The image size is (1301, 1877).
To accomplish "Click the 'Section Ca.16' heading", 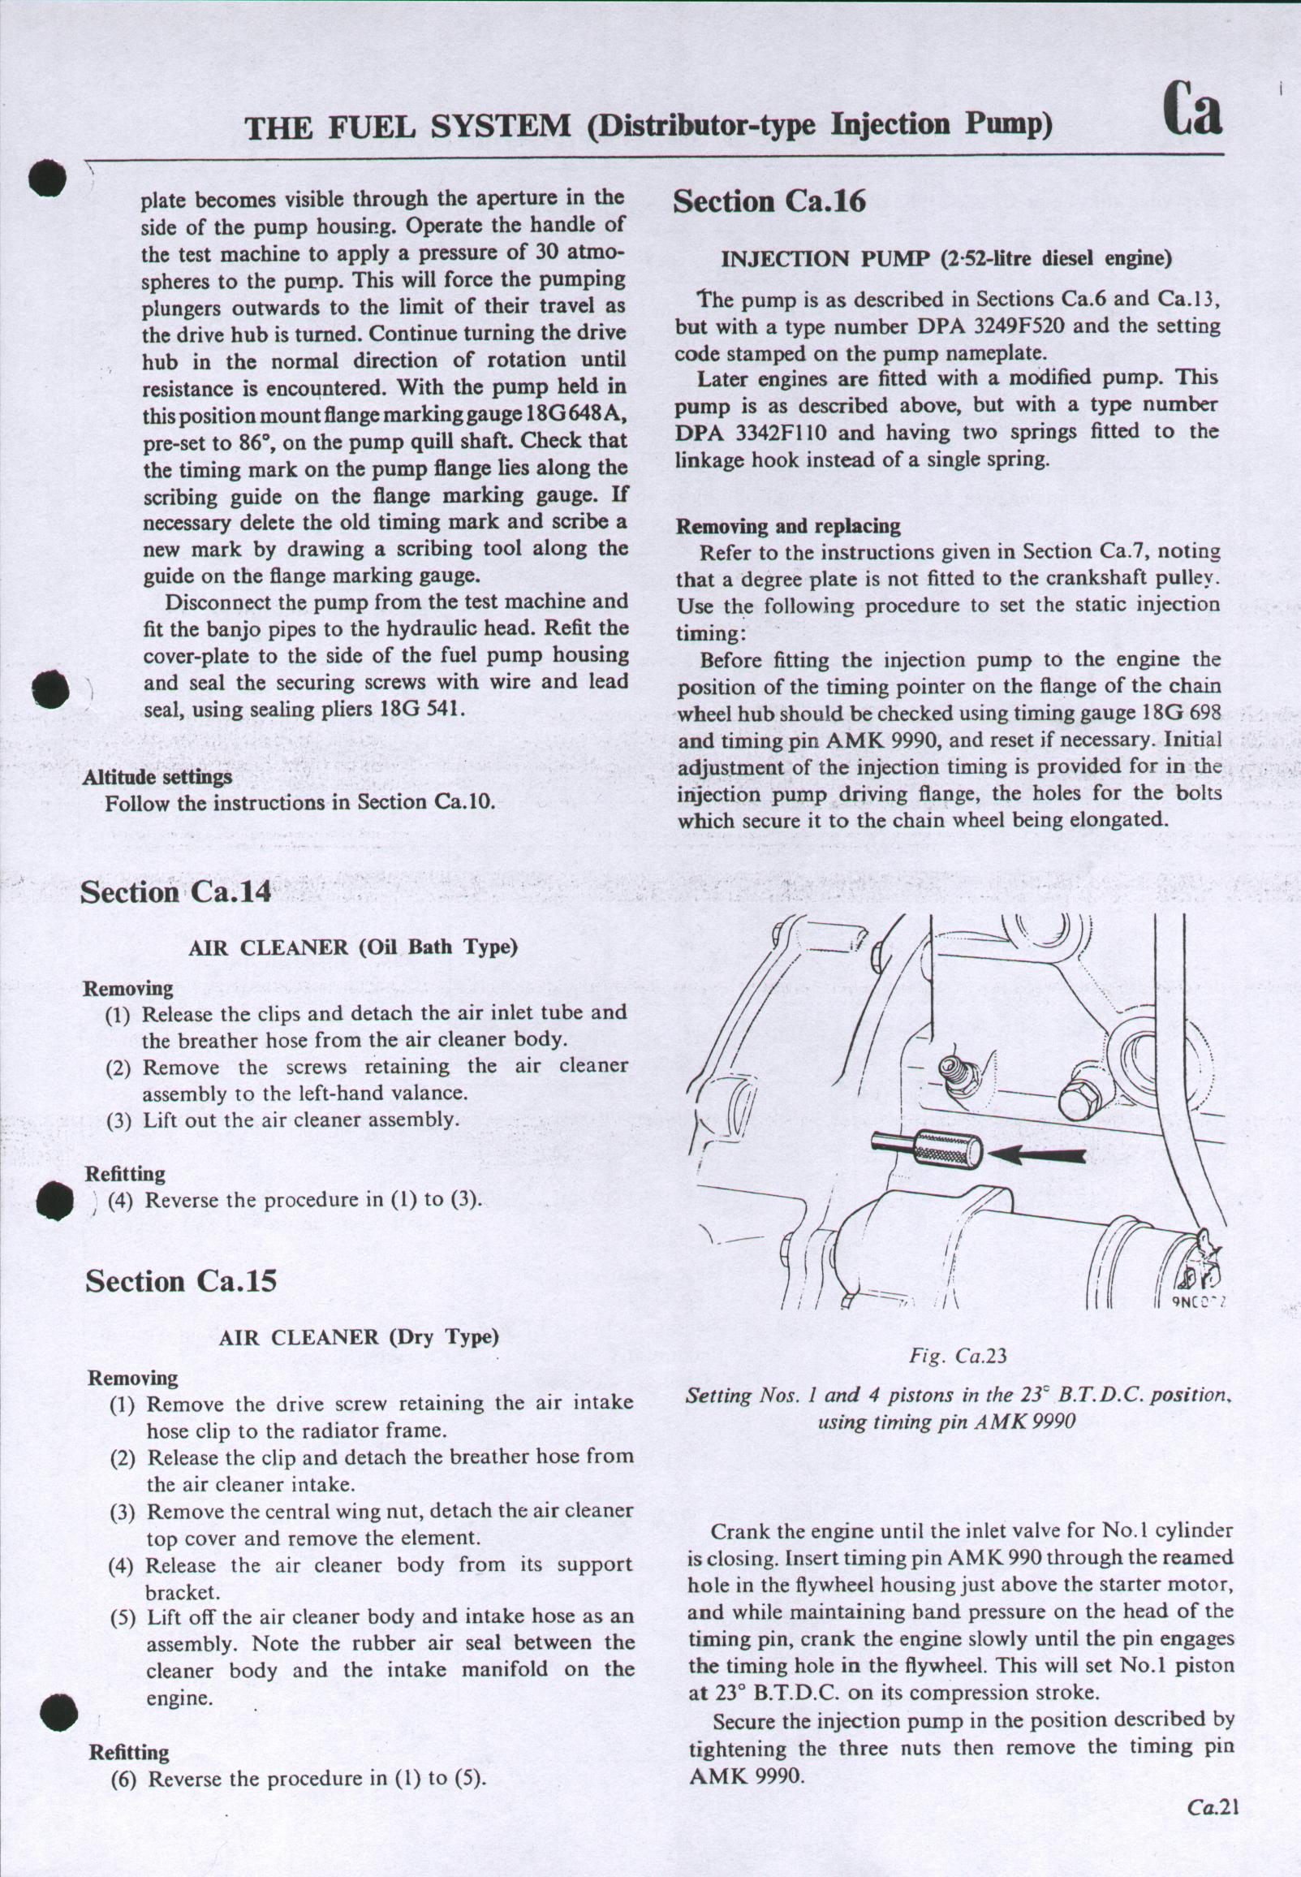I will tap(769, 201).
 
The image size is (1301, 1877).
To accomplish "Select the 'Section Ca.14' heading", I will tap(176, 892).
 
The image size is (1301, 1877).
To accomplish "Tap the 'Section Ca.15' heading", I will tap(181, 1281).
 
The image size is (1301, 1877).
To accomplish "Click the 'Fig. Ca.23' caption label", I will tap(958, 1356).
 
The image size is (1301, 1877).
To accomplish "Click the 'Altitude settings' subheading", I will tap(157, 776).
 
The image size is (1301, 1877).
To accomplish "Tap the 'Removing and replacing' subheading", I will tap(788, 526).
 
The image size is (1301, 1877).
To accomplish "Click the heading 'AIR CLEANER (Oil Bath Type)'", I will tap(354, 947).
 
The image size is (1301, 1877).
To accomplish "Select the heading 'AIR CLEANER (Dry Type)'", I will tap(359, 1337).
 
